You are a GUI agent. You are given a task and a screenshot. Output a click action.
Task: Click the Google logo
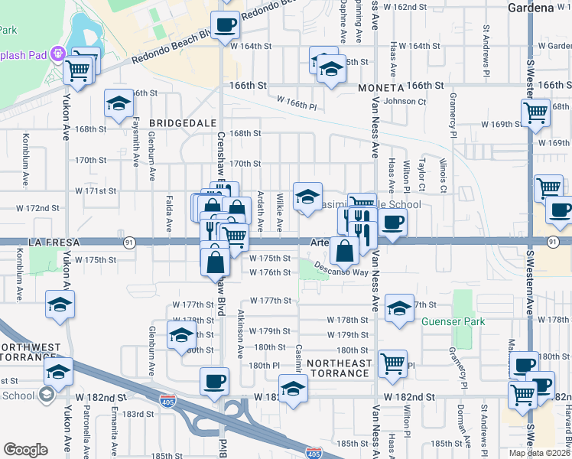(x=25, y=450)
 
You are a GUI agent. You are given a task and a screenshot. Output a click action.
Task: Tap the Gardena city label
(x=530, y=8)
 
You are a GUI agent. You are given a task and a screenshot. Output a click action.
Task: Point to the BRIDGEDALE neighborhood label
(x=179, y=122)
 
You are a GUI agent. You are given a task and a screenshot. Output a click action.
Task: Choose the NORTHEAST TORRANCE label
(x=333, y=367)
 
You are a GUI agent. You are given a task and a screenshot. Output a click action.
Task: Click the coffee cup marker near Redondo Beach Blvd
(x=224, y=25)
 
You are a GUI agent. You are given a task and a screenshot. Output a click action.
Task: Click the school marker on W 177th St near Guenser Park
(x=398, y=308)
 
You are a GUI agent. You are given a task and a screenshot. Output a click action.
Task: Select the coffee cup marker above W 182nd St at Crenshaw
(x=214, y=381)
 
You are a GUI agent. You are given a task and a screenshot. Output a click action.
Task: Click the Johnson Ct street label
(x=398, y=101)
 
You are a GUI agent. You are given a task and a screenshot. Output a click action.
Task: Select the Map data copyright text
(x=540, y=453)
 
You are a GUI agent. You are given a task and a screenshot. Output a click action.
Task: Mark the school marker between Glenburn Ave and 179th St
(x=181, y=336)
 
